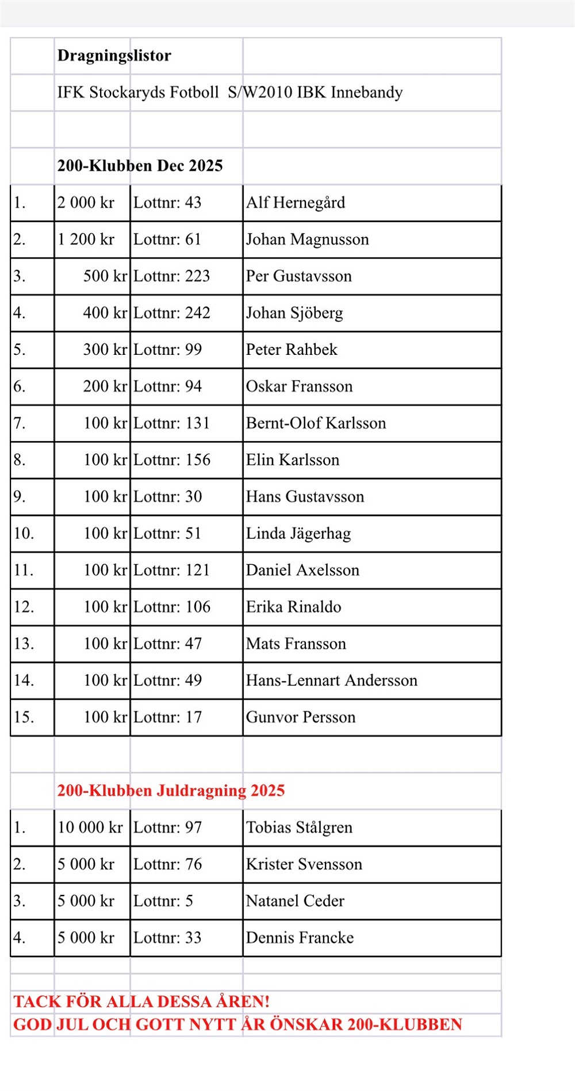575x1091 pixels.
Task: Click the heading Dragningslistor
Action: pos(114,56)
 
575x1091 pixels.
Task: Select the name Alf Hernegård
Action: pos(296,202)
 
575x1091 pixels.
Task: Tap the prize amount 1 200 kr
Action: pos(86,239)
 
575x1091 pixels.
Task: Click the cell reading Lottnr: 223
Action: pos(171,276)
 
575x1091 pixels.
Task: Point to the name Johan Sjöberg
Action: pos(294,313)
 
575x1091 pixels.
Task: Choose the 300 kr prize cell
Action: pos(105,350)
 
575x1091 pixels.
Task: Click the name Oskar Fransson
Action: pos(299,386)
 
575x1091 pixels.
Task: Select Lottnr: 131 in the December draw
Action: pos(171,423)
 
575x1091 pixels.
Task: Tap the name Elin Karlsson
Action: pos(293,460)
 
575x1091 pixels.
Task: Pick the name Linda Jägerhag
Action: pos(298,534)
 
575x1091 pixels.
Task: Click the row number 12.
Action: pos(24,607)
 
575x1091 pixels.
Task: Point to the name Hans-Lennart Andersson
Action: pos(332,680)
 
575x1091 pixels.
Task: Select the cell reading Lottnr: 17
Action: pos(167,717)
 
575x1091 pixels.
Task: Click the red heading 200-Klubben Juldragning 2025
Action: pos(171,791)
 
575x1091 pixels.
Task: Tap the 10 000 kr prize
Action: pos(90,828)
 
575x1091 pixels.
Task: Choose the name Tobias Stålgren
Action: pos(299,828)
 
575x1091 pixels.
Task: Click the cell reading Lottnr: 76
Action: pos(167,864)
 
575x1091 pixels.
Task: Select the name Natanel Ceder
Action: pos(295,901)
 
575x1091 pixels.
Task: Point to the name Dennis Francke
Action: pos(300,938)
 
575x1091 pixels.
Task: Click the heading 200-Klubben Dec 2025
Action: pos(140,166)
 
